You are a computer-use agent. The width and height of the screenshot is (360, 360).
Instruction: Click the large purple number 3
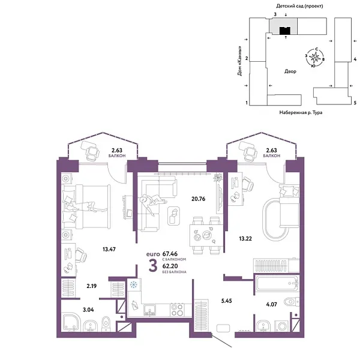[x=154, y=265]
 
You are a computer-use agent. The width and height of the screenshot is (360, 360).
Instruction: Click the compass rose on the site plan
[x=315, y=58]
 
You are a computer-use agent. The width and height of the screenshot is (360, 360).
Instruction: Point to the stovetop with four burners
[x=178, y=310]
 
